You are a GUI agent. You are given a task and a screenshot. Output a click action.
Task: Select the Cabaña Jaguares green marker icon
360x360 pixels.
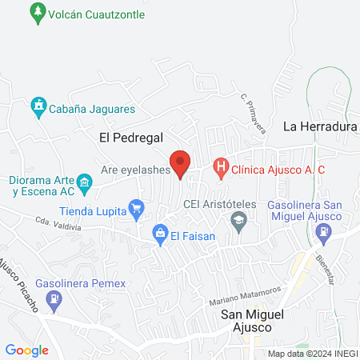coord(38,105)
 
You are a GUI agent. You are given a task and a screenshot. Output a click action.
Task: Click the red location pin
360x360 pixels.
coord(181,163)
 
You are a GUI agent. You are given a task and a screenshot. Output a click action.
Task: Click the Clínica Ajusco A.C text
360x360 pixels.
coord(278,170)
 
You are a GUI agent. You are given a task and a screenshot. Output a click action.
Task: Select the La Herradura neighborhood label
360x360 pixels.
coord(320,126)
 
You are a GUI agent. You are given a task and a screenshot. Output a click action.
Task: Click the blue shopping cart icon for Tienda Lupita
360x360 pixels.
coord(136,211)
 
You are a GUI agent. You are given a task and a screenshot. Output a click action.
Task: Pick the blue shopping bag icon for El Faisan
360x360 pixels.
coord(160,235)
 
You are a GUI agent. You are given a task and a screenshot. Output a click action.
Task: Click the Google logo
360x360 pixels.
coord(27,350)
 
